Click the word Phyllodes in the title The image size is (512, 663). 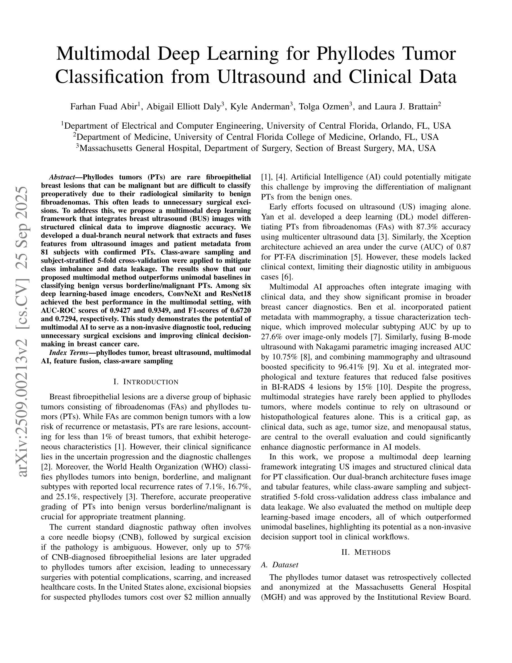pyautogui.click(x=355, y=54)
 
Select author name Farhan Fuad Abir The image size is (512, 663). pyautogui.click(x=103, y=107)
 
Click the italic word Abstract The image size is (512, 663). pyautogui.click(x=62, y=177)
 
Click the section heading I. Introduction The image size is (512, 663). pyautogui.click(x=146, y=382)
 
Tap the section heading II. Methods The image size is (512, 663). pyautogui.click(x=366, y=552)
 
